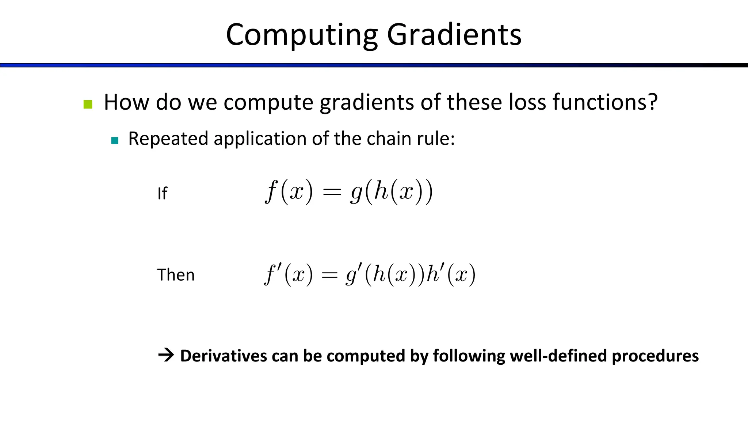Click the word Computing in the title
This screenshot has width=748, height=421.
coord(302,35)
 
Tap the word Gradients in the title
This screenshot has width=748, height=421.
coord(454,35)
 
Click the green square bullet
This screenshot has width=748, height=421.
coord(88,105)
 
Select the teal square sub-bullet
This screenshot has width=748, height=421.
coord(115,141)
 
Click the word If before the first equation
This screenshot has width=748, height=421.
coord(162,194)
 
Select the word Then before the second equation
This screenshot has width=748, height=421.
coord(176,275)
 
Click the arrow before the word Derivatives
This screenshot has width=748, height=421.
coord(166,355)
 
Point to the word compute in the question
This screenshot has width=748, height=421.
coord(268,103)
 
